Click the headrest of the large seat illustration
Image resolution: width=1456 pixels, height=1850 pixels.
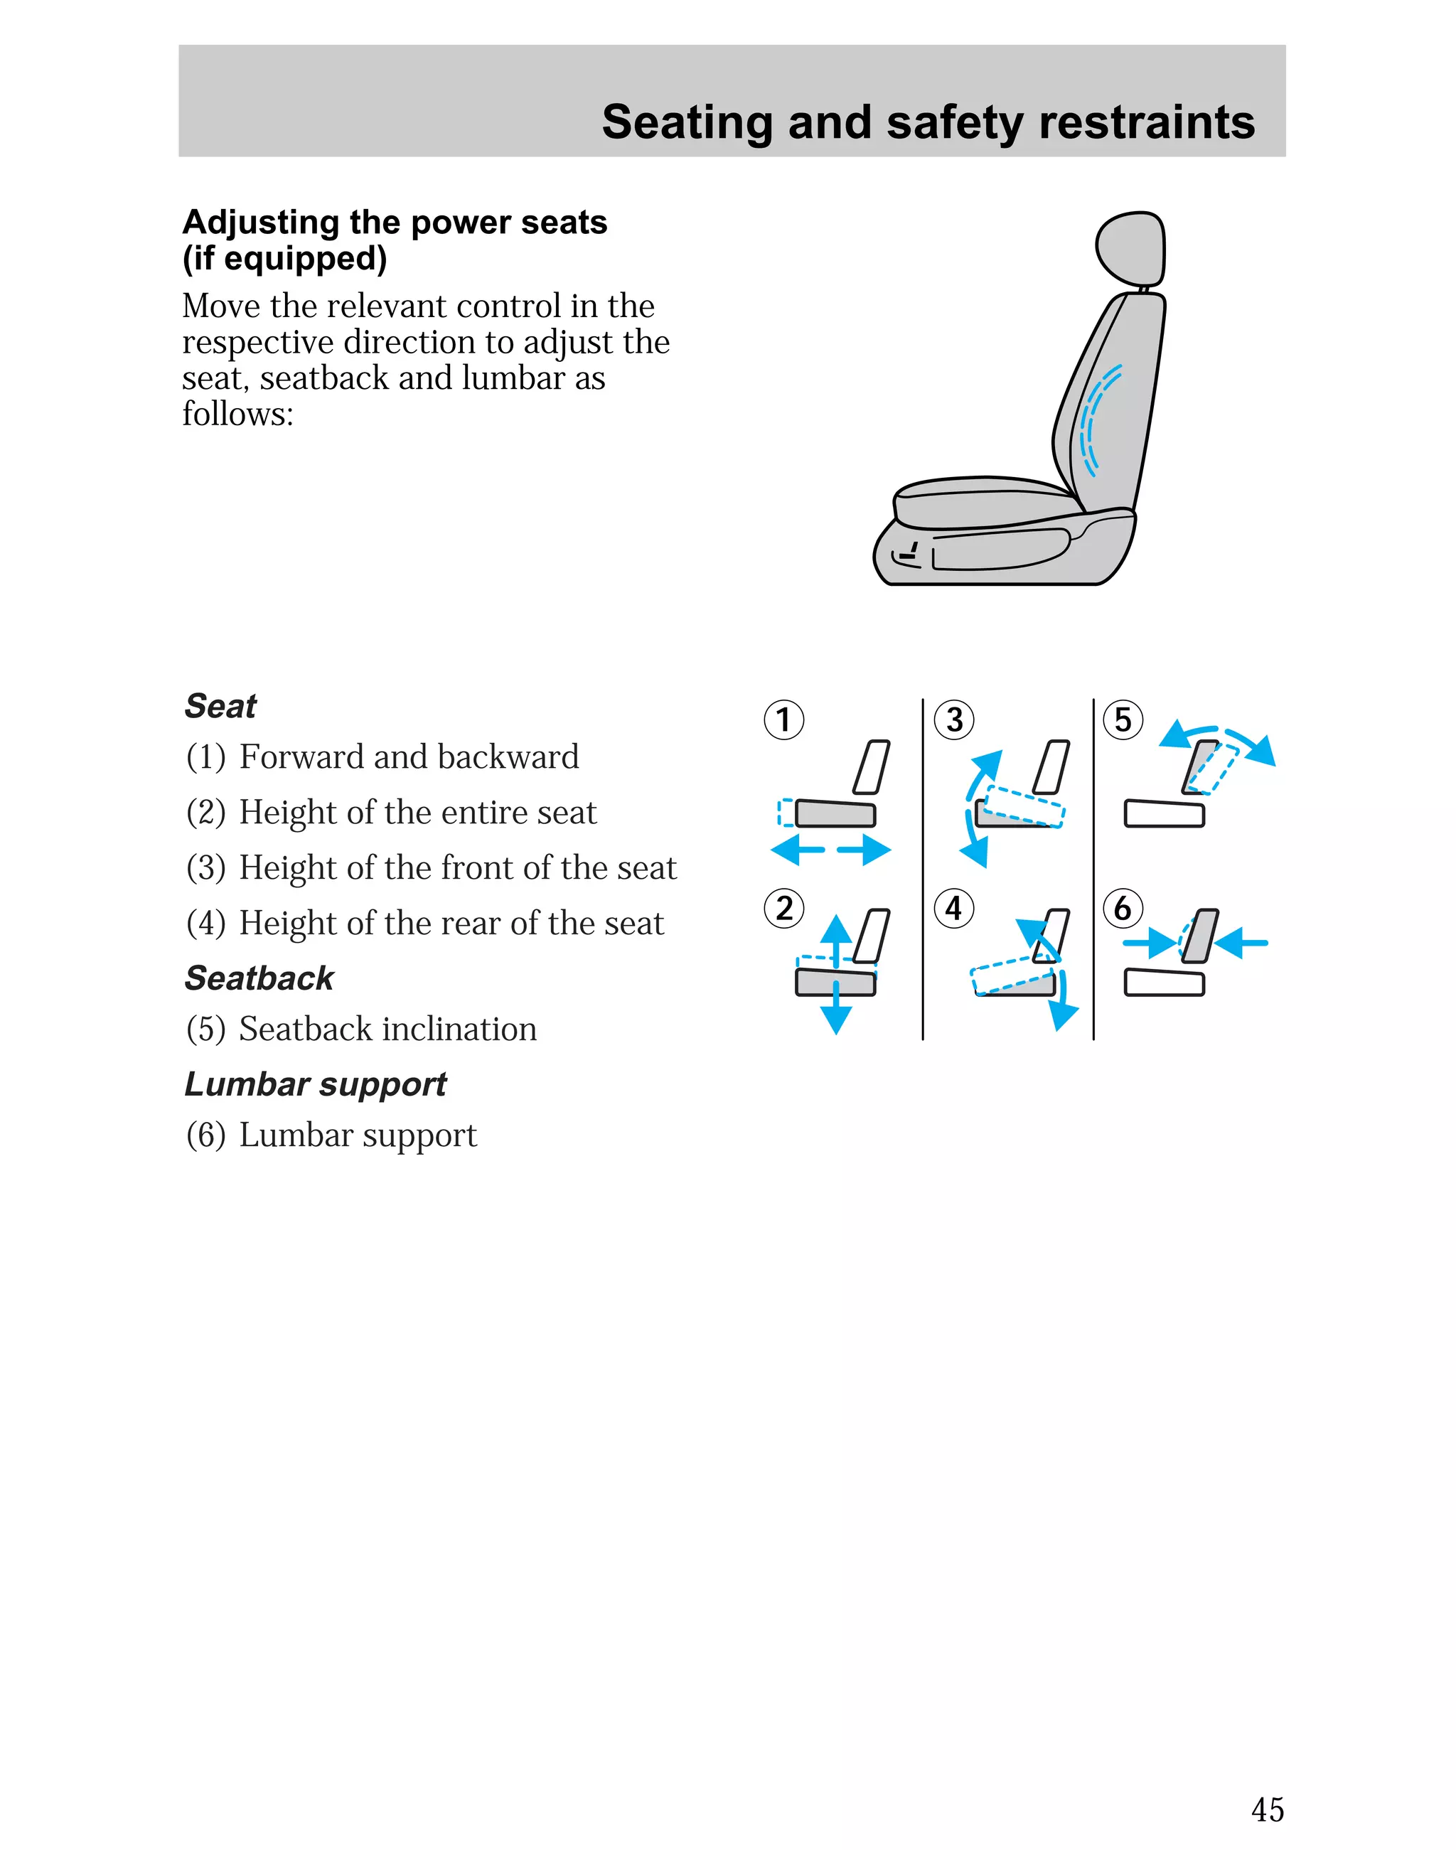point(1130,247)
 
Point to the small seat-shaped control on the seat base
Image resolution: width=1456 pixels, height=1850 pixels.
point(907,555)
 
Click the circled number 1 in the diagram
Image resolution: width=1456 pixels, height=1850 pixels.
point(783,720)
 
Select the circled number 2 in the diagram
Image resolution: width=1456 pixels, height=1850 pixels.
point(783,908)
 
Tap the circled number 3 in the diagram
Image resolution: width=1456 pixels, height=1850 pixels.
point(954,720)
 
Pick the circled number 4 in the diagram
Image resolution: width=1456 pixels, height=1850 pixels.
point(954,908)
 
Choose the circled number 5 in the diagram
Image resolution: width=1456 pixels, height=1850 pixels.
point(1123,720)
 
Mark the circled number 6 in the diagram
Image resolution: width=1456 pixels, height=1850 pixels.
point(1123,908)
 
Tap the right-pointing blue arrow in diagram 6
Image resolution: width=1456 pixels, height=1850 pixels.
point(1150,943)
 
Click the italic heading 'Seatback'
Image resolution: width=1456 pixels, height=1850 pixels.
point(259,979)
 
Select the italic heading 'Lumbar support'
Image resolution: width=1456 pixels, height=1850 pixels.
point(316,1084)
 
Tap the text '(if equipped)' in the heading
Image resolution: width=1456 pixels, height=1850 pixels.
point(284,258)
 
